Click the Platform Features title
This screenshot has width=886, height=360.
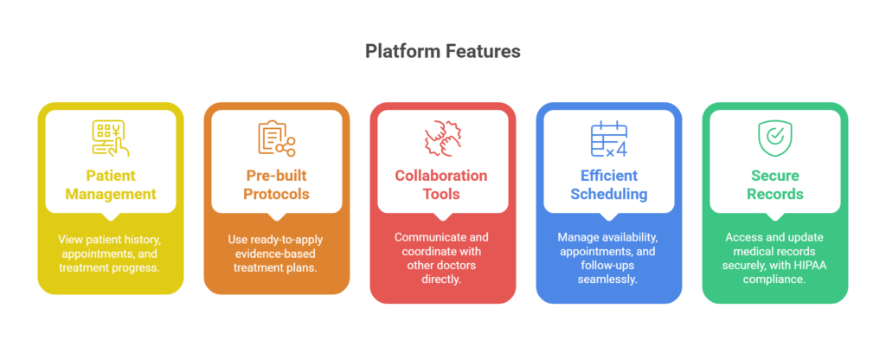click(442, 52)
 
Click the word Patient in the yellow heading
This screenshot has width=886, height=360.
click(110, 176)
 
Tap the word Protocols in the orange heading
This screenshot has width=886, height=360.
click(276, 194)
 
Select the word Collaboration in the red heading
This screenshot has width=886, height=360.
click(442, 176)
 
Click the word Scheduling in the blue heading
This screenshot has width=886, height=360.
click(608, 194)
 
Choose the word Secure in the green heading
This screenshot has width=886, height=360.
click(774, 176)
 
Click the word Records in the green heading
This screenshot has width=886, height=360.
click(774, 194)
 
